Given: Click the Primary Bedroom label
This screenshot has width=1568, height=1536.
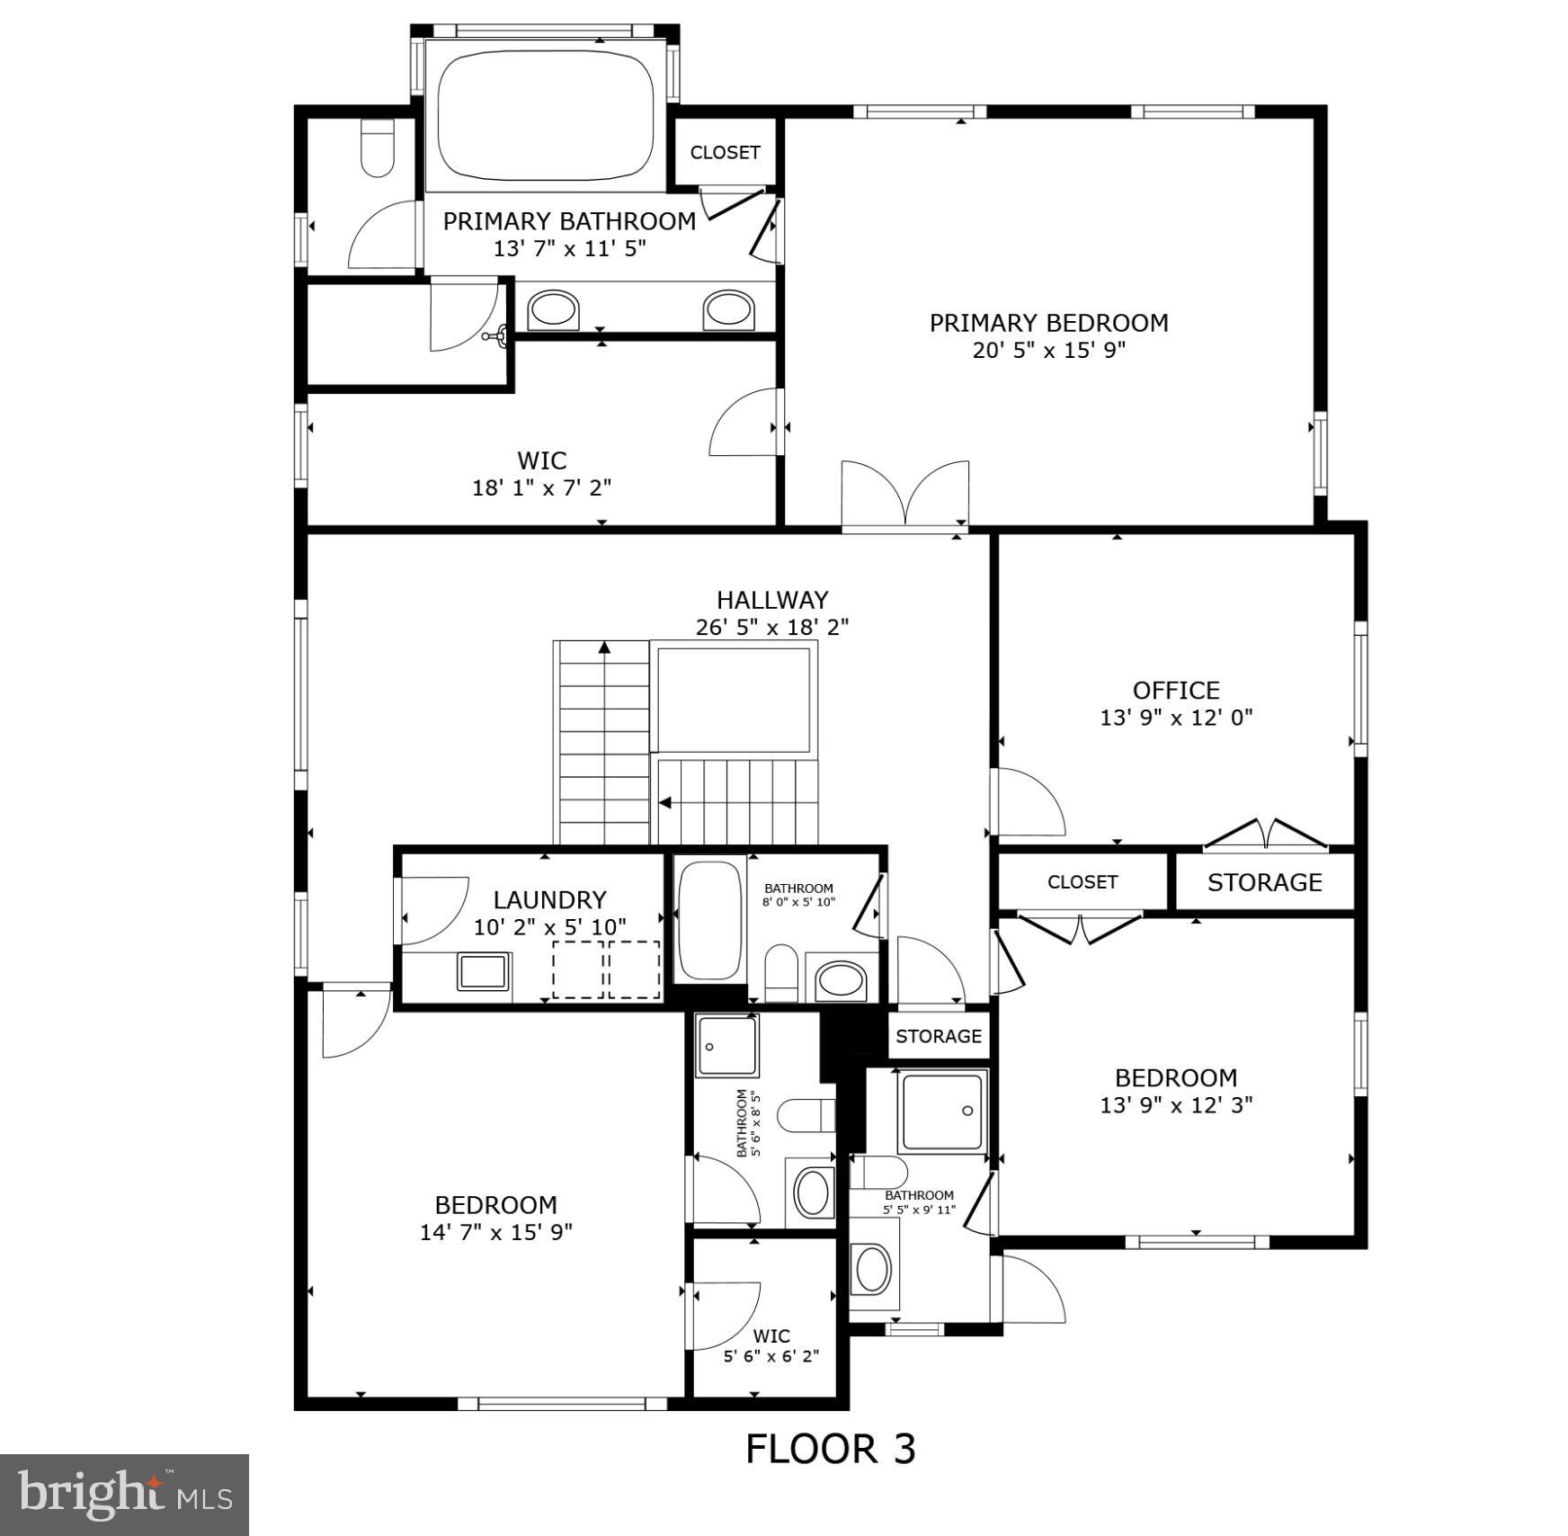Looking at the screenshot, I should [1048, 323].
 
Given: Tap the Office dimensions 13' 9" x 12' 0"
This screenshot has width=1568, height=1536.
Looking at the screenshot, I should [1176, 718].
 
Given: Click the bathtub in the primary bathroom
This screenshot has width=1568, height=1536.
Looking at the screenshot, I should [546, 115].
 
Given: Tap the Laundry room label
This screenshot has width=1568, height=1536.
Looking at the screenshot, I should [549, 899].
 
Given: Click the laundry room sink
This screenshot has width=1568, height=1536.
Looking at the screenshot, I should [484, 972].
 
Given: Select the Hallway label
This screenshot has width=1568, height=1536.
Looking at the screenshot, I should [772, 600].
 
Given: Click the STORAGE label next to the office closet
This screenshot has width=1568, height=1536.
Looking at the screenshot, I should [1264, 882].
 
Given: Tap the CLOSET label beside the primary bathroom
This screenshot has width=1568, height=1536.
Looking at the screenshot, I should [725, 153].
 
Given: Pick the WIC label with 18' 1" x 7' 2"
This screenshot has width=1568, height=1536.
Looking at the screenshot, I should [542, 460].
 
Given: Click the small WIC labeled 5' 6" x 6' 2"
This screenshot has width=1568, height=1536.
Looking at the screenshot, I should [771, 1336].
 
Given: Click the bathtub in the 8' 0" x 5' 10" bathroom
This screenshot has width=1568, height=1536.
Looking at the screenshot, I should [709, 920].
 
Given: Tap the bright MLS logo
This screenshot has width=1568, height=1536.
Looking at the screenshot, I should [124, 1494].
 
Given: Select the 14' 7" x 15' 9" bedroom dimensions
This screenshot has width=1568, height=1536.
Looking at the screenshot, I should [496, 1232].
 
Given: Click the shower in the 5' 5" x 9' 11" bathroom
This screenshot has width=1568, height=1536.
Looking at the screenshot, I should [942, 1112].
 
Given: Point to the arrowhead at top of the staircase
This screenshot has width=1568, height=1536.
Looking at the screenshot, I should [605, 647].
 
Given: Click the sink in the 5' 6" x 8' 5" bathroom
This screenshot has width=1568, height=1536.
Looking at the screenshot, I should [814, 1191].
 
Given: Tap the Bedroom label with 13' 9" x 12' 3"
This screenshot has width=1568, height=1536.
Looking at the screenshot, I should [1176, 1077].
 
